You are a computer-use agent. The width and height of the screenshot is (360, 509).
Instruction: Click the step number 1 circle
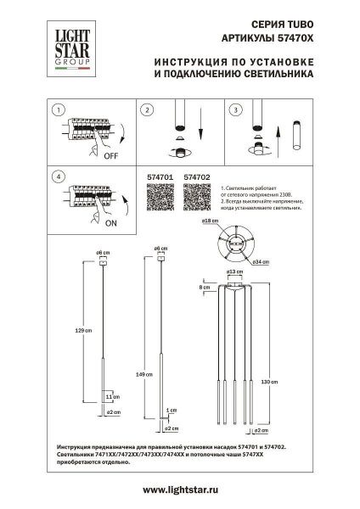click(57, 110)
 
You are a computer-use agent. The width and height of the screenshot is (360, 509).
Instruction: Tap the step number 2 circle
click(146, 110)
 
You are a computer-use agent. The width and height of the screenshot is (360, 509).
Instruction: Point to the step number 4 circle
click(57, 176)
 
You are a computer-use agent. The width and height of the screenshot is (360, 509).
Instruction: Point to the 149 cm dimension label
click(149, 372)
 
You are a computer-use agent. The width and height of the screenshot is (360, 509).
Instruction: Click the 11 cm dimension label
click(108, 396)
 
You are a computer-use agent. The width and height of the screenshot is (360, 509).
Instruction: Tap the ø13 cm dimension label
click(230, 272)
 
